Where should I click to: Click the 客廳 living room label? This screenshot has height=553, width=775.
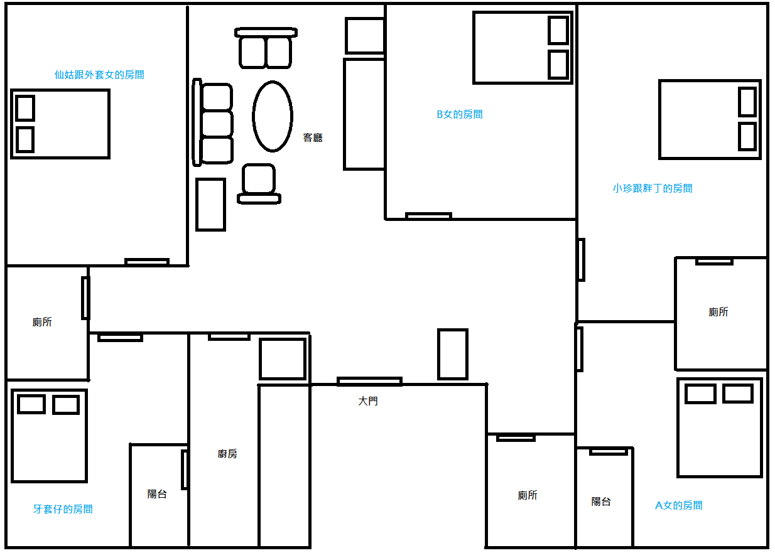(x=313, y=137)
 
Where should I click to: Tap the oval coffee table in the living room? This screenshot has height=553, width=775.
(x=273, y=117)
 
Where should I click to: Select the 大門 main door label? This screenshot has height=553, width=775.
(x=368, y=401)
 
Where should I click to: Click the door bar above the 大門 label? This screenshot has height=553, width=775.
(x=369, y=382)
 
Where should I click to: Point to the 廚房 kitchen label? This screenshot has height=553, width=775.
(x=227, y=454)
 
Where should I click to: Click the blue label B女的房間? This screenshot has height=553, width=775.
(x=460, y=114)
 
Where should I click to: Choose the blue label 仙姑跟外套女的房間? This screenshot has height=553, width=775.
(x=99, y=75)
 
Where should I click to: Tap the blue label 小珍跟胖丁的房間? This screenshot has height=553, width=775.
(x=653, y=188)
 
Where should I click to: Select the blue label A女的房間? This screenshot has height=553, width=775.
(x=679, y=505)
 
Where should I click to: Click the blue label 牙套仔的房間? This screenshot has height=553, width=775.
(x=63, y=508)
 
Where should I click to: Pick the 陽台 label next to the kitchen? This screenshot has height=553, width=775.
(x=157, y=494)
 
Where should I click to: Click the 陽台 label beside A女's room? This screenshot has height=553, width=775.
(x=601, y=502)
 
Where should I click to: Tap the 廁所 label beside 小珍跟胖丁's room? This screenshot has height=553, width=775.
(x=718, y=312)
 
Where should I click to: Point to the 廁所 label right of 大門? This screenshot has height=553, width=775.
(x=528, y=495)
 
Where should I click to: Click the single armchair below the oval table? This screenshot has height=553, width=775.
(x=259, y=184)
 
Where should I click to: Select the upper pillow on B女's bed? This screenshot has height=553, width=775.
(x=558, y=30)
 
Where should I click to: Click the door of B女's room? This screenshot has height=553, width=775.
(x=428, y=216)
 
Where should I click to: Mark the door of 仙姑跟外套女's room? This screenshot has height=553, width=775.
(x=147, y=262)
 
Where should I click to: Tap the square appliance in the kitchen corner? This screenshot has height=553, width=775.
(x=283, y=359)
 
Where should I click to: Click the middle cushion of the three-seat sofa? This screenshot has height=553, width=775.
(x=217, y=124)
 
